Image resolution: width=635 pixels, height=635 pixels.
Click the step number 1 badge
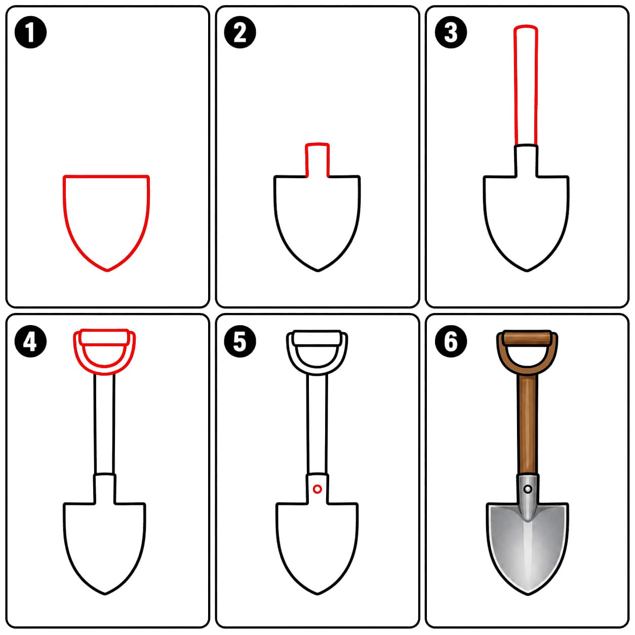[x=31, y=32]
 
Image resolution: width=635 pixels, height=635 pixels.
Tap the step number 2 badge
[x=240, y=32]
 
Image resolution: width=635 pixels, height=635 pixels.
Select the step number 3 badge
[x=451, y=32]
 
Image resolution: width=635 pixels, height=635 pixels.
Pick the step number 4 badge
[x=31, y=341]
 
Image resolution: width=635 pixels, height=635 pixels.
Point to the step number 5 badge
[x=240, y=341]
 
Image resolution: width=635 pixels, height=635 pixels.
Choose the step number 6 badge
[x=451, y=341]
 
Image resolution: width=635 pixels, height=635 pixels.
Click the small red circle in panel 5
[x=317, y=489]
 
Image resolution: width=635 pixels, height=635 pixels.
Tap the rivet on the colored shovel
[x=528, y=489]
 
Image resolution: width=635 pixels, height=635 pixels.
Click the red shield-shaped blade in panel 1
[x=63, y=204]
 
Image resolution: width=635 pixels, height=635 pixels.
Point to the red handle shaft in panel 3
[x=514, y=86]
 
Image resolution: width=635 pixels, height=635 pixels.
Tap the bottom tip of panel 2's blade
[x=317, y=271]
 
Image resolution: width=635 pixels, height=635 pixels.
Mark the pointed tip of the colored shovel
[x=528, y=594]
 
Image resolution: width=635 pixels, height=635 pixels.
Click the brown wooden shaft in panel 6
[x=527, y=425]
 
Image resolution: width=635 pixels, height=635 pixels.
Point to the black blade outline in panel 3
[x=485, y=211]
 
